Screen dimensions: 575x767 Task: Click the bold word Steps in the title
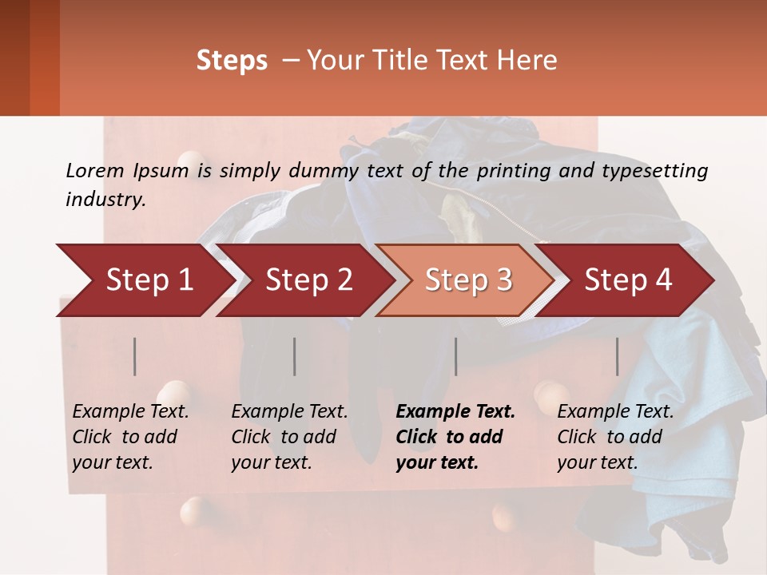[232, 60]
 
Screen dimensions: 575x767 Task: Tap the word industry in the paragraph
[105, 199]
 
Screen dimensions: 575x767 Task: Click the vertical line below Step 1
[135, 356]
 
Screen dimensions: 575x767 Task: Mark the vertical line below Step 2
[295, 356]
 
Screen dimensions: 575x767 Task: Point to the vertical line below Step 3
[456, 356]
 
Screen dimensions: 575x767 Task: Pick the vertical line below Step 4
[618, 356]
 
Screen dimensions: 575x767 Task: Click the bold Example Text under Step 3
[455, 412]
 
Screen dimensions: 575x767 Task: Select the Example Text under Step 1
[131, 412]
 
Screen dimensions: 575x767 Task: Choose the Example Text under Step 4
[615, 412]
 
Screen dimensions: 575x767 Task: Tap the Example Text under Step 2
[290, 412]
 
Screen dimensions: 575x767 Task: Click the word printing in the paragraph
[510, 170]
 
